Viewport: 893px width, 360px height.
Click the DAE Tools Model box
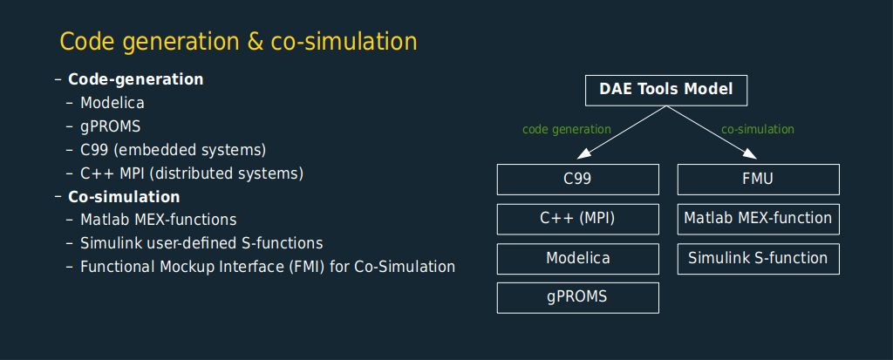[x=665, y=90]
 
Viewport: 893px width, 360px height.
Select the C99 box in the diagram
[x=577, y=180]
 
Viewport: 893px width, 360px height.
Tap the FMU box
[x=758, y=180]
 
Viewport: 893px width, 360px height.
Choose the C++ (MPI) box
[x=577, y=219]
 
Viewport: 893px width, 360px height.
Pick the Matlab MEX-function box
[x=758, y=219]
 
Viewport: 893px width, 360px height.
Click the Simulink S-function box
[x=758, y=259]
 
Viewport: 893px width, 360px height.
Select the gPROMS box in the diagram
[x=577, y=297]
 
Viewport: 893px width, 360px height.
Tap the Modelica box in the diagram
[x=577, y=259]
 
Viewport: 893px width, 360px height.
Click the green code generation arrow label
[x=567, y=129]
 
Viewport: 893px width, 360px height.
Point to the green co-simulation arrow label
[x=758, y=129]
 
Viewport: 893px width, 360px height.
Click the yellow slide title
[x=239, y=43]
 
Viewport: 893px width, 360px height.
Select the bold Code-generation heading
[x=135, y=79]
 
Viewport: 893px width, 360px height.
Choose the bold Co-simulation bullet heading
[x=124, y=197]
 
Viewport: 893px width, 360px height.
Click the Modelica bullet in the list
[x=112, y=103]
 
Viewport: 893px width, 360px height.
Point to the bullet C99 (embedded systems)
[x=174, y=151]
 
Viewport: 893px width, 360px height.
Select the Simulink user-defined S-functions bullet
[x=201, y=244]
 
